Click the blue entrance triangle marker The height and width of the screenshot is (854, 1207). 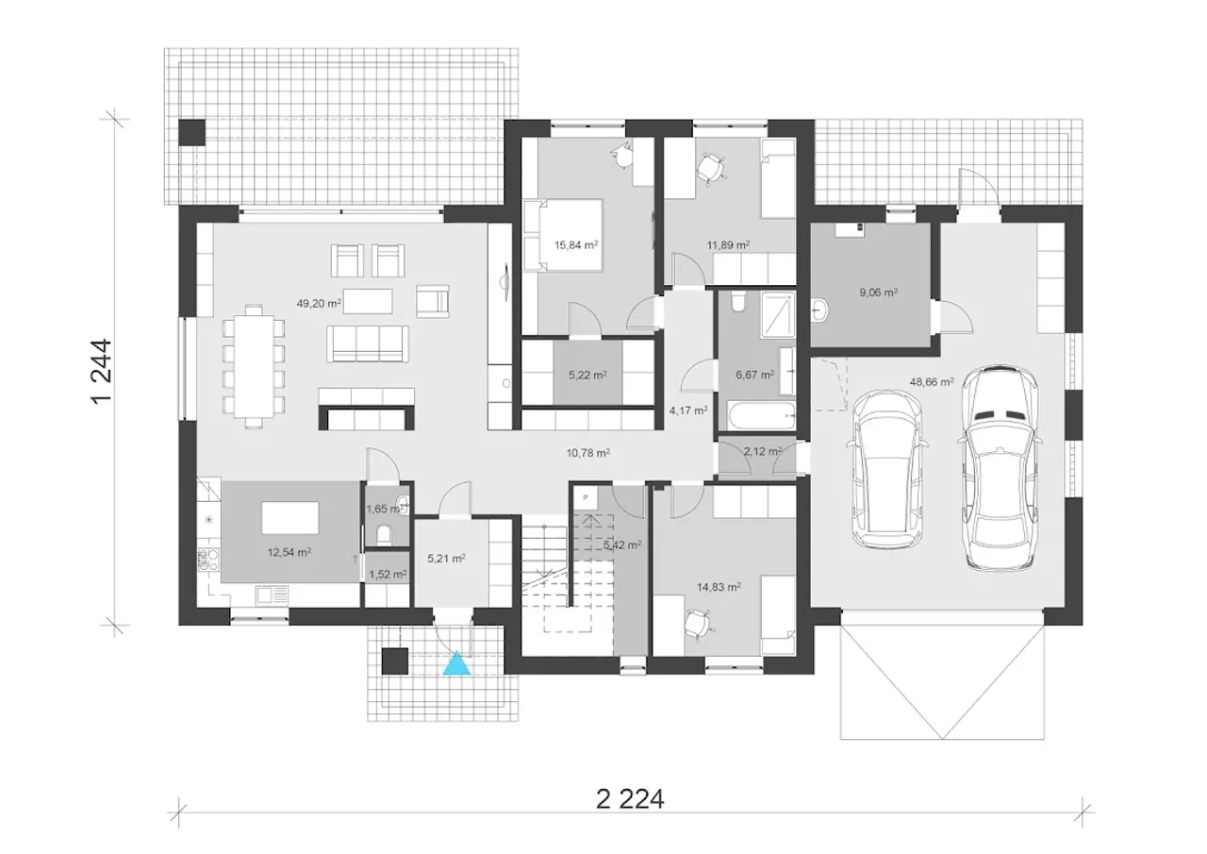[x=457, y=662]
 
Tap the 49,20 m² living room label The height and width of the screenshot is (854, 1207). [x=319, y=304]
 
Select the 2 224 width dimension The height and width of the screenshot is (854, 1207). [x=630, y=799]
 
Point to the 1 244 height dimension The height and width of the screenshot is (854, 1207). [x=102, y=371]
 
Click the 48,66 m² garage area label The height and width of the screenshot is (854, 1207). [x=932, y=382]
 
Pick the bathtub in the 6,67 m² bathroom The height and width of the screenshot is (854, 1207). [x=761, y=416]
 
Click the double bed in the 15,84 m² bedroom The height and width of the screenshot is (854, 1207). [x=563, y=235]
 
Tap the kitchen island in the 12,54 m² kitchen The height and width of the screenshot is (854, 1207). [x=289, y=517]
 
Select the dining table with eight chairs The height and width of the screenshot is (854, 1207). [x=254, y=367]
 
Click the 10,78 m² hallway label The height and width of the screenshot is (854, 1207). [x=587, y=453]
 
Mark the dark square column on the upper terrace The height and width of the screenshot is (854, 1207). [x=191, y=132]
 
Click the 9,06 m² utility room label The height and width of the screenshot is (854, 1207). [x=878, y=293]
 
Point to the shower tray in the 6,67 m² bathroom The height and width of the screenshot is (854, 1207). [x=778, y=315]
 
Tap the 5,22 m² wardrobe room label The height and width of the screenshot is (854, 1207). [x=587, y=375]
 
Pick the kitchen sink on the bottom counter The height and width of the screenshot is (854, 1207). [x=273, y=595]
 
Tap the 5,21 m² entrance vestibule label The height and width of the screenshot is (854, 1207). [x=446, y=559]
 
